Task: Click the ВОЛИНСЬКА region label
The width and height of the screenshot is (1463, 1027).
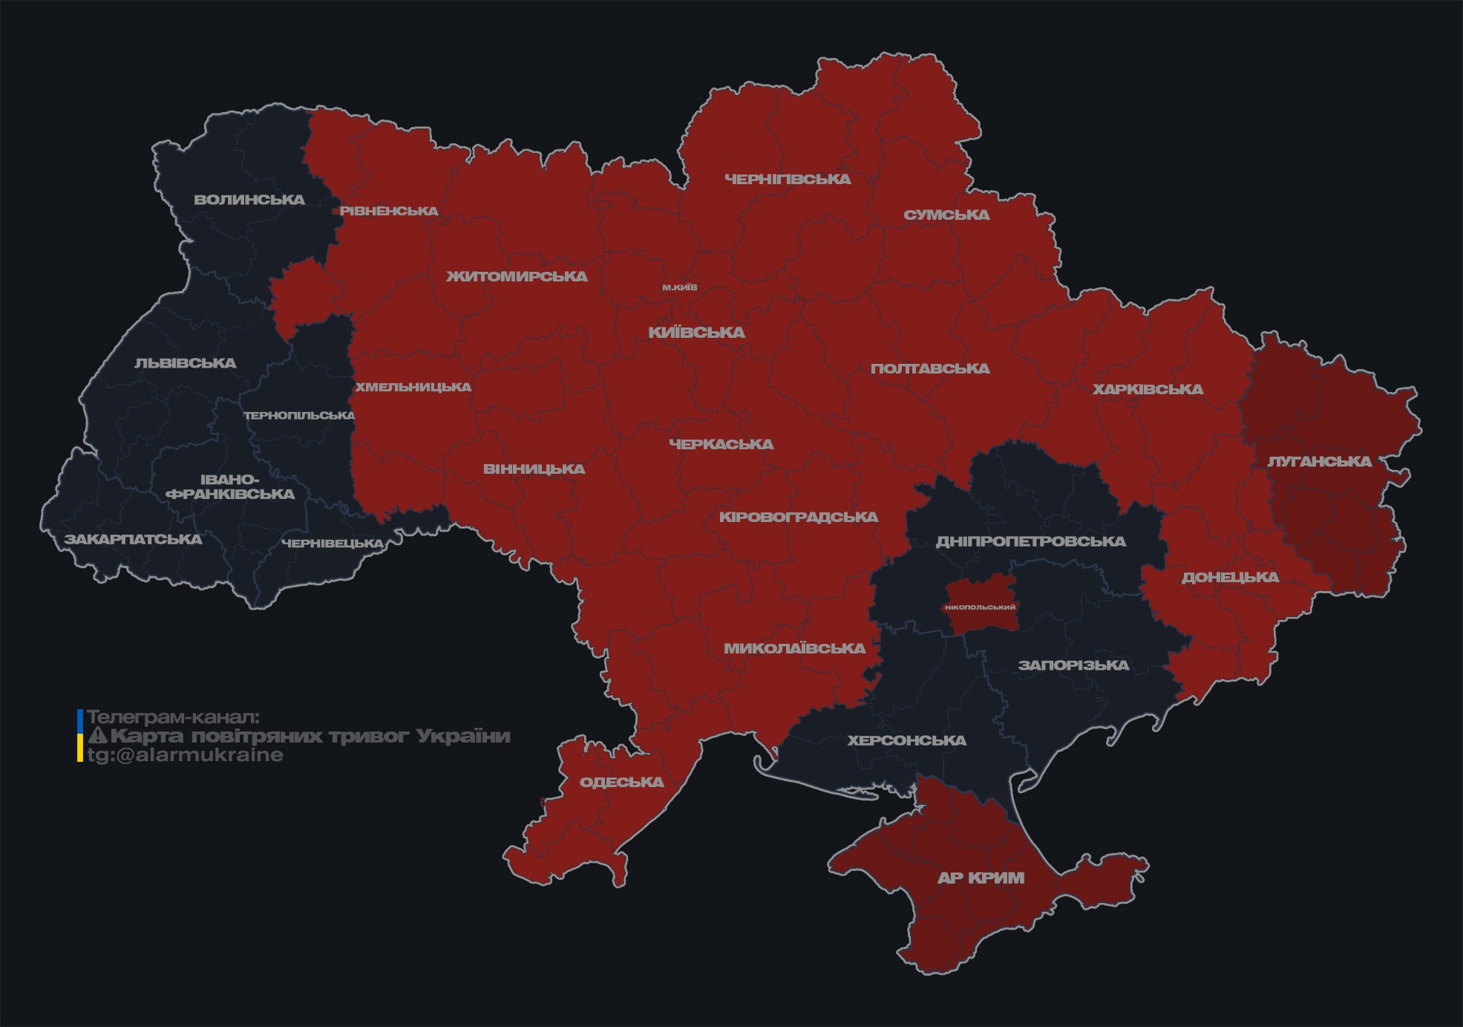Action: point(249,200)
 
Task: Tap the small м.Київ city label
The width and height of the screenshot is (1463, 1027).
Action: point(680,287)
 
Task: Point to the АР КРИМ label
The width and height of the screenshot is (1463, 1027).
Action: point(981,878)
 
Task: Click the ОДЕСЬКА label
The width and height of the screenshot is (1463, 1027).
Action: point(621,782)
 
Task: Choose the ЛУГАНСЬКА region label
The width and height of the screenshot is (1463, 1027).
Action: point(1319,462)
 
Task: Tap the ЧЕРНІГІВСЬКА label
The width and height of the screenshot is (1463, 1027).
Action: point(788,179)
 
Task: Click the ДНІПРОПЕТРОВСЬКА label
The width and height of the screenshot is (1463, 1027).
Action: point(1030,541)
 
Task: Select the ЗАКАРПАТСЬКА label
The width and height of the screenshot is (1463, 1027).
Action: point(133,539)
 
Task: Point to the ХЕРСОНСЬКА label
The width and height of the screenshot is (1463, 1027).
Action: point(906,740)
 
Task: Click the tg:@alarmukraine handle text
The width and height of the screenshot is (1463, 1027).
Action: point(186,755)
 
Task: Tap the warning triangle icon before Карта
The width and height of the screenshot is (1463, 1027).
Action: point(97,736)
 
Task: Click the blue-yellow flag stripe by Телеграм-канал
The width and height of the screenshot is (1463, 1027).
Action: point(80,736)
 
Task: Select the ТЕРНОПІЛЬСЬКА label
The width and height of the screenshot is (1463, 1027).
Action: point(299,415)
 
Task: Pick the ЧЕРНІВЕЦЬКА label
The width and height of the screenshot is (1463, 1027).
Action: point(332,544)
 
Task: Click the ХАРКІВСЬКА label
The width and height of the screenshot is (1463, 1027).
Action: point(1148,389)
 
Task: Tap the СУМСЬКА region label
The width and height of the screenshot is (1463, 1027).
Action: point(946,215)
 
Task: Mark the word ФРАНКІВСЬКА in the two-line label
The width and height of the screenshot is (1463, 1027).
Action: point(230,494)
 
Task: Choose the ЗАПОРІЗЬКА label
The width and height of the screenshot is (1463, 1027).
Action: point(1073,665)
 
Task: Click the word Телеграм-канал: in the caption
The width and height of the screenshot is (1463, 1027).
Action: point(174,717)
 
